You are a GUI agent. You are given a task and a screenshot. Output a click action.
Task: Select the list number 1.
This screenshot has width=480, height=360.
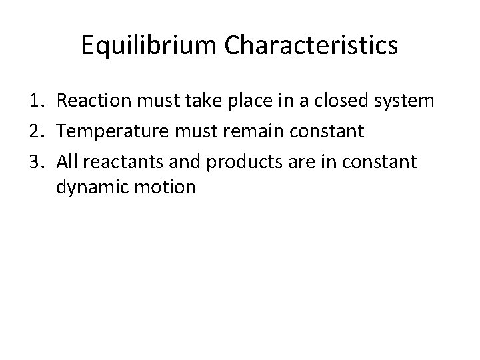[x=37, y=101]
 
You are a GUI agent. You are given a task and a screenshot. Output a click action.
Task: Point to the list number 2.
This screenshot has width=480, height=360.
[x=37, y=131]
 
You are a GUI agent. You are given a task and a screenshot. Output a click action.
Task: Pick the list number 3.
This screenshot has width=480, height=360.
[x=37, y=160]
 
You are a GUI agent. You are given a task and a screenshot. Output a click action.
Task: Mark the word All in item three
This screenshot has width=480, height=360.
[x=67, y=160]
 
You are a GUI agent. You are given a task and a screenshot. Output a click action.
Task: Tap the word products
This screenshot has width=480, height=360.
[x=229, y=161]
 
